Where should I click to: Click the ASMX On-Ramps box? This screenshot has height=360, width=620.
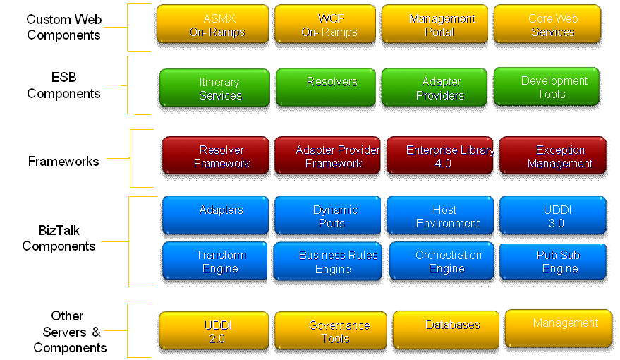212,24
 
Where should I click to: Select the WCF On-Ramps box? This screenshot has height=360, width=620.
325,24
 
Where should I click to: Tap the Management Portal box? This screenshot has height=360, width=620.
434,24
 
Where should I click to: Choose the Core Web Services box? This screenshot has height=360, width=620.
547,24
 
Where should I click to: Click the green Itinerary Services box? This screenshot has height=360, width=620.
214,88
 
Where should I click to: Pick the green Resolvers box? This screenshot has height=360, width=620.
326,88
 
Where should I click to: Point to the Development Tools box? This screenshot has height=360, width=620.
547,87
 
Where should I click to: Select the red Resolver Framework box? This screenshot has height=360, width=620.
216,156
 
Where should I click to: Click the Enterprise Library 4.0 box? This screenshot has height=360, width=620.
440,156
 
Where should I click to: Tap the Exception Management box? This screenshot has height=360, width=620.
553,156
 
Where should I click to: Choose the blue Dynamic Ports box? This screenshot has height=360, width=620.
328,215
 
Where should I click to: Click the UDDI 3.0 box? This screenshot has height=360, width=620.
553,215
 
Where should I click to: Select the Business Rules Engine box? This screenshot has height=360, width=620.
328,261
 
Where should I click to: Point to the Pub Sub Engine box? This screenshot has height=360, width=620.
553,261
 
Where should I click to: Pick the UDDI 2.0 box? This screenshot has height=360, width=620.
214,331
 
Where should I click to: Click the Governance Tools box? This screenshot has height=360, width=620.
331,331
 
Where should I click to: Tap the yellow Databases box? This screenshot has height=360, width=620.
446,330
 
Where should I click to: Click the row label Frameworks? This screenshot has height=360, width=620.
63,162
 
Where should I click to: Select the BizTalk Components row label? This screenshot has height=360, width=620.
59,238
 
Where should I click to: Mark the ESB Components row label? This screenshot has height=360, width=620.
63,85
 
